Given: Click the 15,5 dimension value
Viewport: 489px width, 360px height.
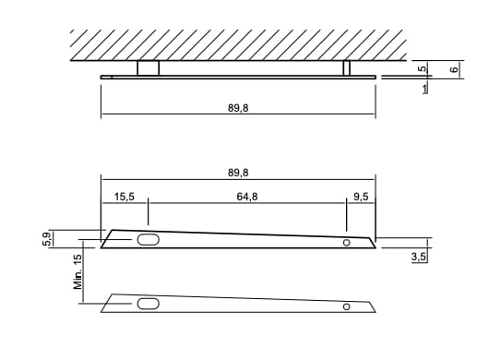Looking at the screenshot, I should (125, 197).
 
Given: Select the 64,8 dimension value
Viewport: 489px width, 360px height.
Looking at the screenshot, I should (247, 197).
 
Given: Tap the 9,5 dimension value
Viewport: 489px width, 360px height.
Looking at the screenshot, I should (360, 197).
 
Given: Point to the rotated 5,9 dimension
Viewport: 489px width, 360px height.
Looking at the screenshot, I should (46, 238).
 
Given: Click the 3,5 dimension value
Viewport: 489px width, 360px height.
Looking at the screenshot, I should (418, 258).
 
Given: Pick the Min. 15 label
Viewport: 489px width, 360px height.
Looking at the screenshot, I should (78, 272).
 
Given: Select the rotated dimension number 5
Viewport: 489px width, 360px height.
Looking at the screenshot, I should (421, 68).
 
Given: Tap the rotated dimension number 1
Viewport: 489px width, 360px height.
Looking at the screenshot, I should (423, 90).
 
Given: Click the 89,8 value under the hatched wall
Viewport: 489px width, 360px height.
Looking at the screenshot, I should (237, 108).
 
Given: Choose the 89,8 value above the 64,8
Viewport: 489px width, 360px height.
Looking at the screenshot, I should (237, 172).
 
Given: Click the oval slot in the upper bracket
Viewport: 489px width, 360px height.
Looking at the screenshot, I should (148, 240).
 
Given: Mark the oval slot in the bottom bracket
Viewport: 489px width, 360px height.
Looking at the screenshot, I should (148, 303).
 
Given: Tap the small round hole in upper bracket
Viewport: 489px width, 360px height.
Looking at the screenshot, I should (347, 243).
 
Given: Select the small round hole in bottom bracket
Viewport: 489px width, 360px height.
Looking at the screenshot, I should (347, 306).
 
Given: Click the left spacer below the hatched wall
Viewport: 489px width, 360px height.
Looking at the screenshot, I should (148, 67).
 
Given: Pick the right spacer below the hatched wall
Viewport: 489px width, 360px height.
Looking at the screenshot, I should (347, 67).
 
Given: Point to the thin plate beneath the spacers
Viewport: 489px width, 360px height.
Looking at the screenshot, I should (240, 77).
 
